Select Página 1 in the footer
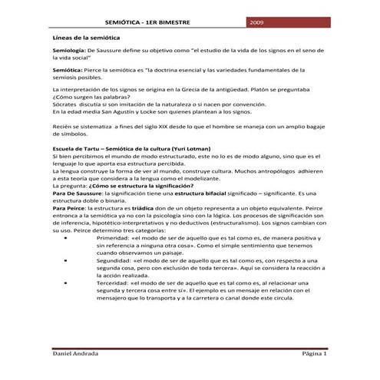315,355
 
